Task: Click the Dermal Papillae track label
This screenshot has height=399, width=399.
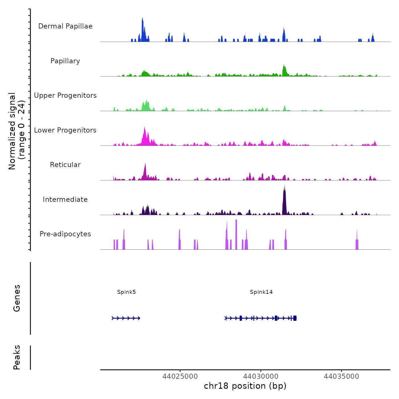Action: click(65, 26)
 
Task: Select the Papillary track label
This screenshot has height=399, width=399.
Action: click(65, 61)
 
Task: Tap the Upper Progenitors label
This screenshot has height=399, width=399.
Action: click(65, 95)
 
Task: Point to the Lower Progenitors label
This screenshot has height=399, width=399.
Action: click(65, 130)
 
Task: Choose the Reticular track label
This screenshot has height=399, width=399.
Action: click(65, 165)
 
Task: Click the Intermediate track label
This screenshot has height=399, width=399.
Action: click(65, 199)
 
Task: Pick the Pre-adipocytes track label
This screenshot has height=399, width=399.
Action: click(65, 234)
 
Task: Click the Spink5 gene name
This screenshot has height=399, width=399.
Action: click(126, 292)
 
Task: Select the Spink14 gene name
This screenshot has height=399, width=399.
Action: click(261, 292)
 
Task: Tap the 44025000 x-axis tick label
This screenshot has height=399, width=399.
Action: click(180, 376)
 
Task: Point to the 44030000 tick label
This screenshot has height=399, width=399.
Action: click(261, 376)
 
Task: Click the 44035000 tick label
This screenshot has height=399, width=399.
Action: click(341, 376)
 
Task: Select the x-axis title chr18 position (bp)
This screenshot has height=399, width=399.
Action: click(245, 386)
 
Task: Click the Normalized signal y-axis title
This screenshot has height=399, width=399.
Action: click(17, 131)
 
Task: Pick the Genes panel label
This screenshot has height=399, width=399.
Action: click(17, 298)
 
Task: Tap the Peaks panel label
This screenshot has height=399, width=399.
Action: click(17, 357)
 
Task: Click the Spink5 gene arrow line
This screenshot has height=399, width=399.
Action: click(126, 318)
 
